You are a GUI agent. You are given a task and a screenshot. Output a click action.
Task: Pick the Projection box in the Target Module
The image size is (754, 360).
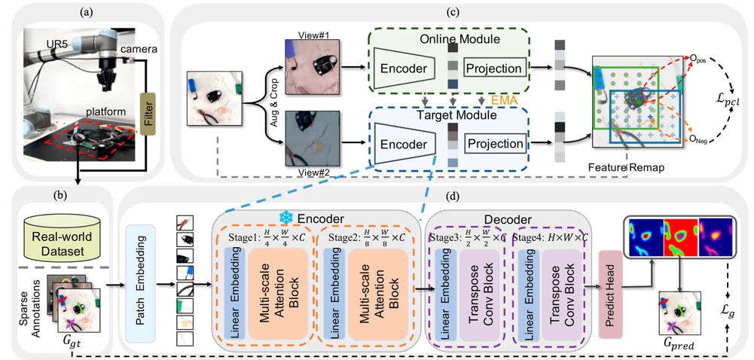coord(493,143)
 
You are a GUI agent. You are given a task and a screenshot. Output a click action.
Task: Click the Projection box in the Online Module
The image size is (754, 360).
coord(493,69)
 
